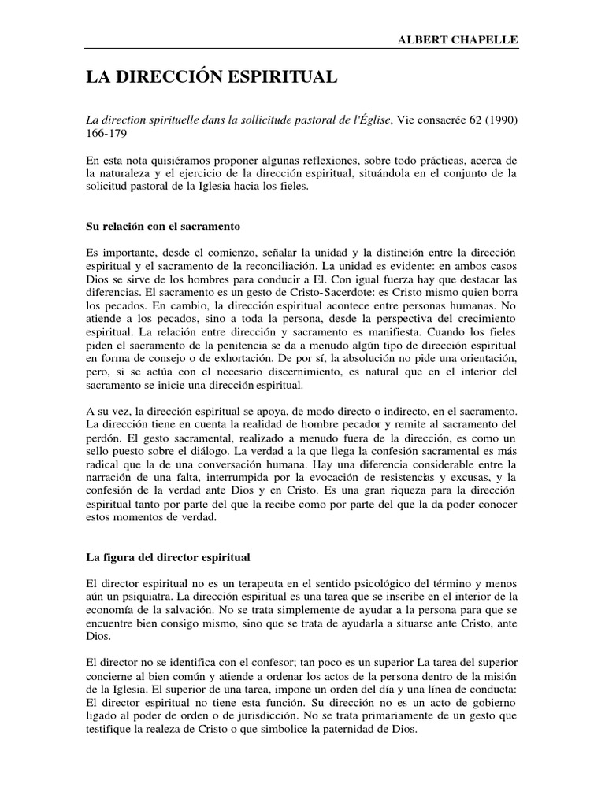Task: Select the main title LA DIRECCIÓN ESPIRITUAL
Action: point(212,77)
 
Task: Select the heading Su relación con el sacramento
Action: point(162,226)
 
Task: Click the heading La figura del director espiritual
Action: point(168,557)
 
